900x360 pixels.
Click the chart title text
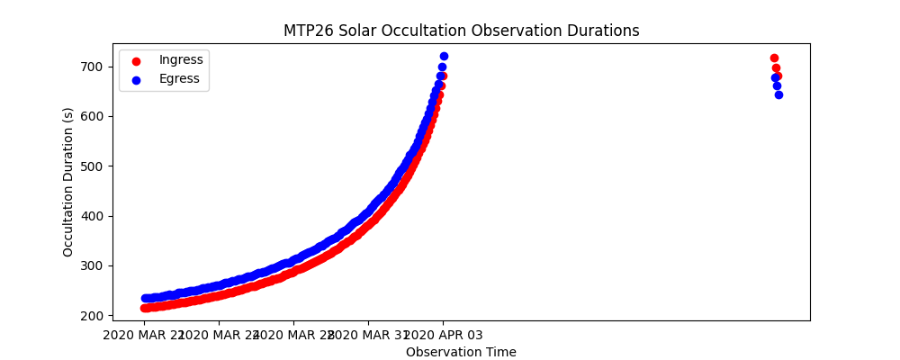(x=461, y=31)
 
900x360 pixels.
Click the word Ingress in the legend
(x=181, y=59)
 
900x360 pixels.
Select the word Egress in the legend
(x=179, y=78)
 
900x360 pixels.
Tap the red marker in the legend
(x=136, y=60)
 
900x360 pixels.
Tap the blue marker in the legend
(x=136, y=79)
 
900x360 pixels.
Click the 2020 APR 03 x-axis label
(x=442, y=335)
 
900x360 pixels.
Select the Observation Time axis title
(x=461, y=352)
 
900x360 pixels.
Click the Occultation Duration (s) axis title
(x=68, y=182)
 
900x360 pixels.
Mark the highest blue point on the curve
(x=444, y=56)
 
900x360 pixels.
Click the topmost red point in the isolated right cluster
(x=774, y=58)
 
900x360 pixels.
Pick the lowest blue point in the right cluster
(x=778, y=94)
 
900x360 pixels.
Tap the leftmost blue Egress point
(x=145, y=298)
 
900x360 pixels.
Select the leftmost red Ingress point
(x=144, y=308)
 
